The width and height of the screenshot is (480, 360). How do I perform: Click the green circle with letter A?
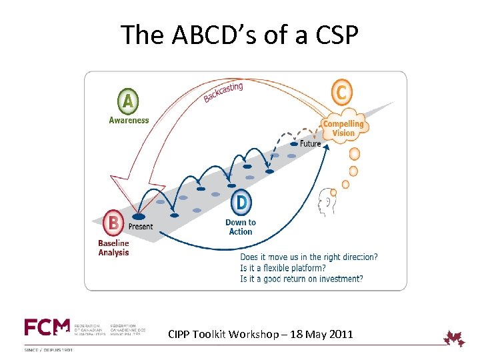(129, 102)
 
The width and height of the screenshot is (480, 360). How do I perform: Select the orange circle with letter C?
(341, 92)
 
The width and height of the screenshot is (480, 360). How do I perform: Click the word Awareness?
(129, 120)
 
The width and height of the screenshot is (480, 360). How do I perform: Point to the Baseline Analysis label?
(114, 248)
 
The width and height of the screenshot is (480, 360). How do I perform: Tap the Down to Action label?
(241, 227)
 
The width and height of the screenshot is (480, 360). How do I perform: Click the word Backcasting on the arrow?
(223, 93)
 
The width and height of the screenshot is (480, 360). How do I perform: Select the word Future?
(310, 143)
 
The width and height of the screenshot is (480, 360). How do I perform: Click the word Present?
(141, 227)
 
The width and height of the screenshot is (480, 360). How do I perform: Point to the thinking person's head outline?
(327, 200)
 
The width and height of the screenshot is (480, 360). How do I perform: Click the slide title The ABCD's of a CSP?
(239, 35)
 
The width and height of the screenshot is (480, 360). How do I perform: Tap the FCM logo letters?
(47, 327)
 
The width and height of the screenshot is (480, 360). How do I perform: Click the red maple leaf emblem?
(455, 338)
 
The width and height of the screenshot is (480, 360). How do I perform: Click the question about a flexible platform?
(283, 268)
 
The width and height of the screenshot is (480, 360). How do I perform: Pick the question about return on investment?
(301, 279)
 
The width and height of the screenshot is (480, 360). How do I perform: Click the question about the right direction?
(309, 257)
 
